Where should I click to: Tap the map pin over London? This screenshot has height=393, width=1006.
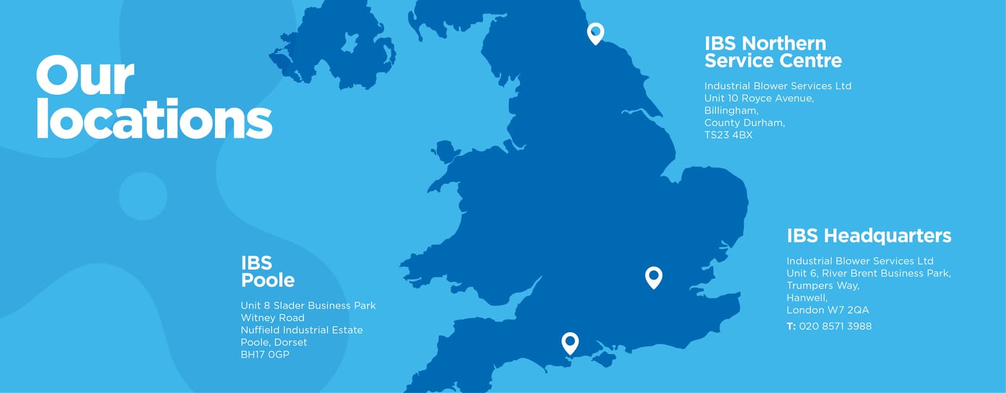(654, 276)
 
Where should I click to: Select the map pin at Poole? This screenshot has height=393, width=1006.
(570, 342)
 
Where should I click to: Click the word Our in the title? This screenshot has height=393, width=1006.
(85, 76)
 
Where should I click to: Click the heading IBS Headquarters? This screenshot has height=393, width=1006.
(868, 236)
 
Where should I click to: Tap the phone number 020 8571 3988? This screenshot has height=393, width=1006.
(835, 326)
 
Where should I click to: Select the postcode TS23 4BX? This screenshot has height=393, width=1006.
(728, 135)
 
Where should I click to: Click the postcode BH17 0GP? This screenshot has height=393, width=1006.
(265, 355)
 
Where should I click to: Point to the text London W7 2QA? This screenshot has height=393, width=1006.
(827, 310)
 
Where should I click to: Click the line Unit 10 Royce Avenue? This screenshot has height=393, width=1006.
(759, 99)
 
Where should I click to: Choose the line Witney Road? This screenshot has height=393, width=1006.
(272, 318)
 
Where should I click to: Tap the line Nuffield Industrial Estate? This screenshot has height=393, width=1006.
(301, 330)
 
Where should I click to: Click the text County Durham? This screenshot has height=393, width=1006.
(744, 123)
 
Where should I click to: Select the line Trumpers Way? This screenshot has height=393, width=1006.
(822, 285)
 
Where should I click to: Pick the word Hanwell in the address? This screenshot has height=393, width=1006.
(807, 298)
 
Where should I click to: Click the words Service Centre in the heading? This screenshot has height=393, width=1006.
(773, 61)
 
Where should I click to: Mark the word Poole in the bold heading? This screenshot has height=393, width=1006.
(268, 280)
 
